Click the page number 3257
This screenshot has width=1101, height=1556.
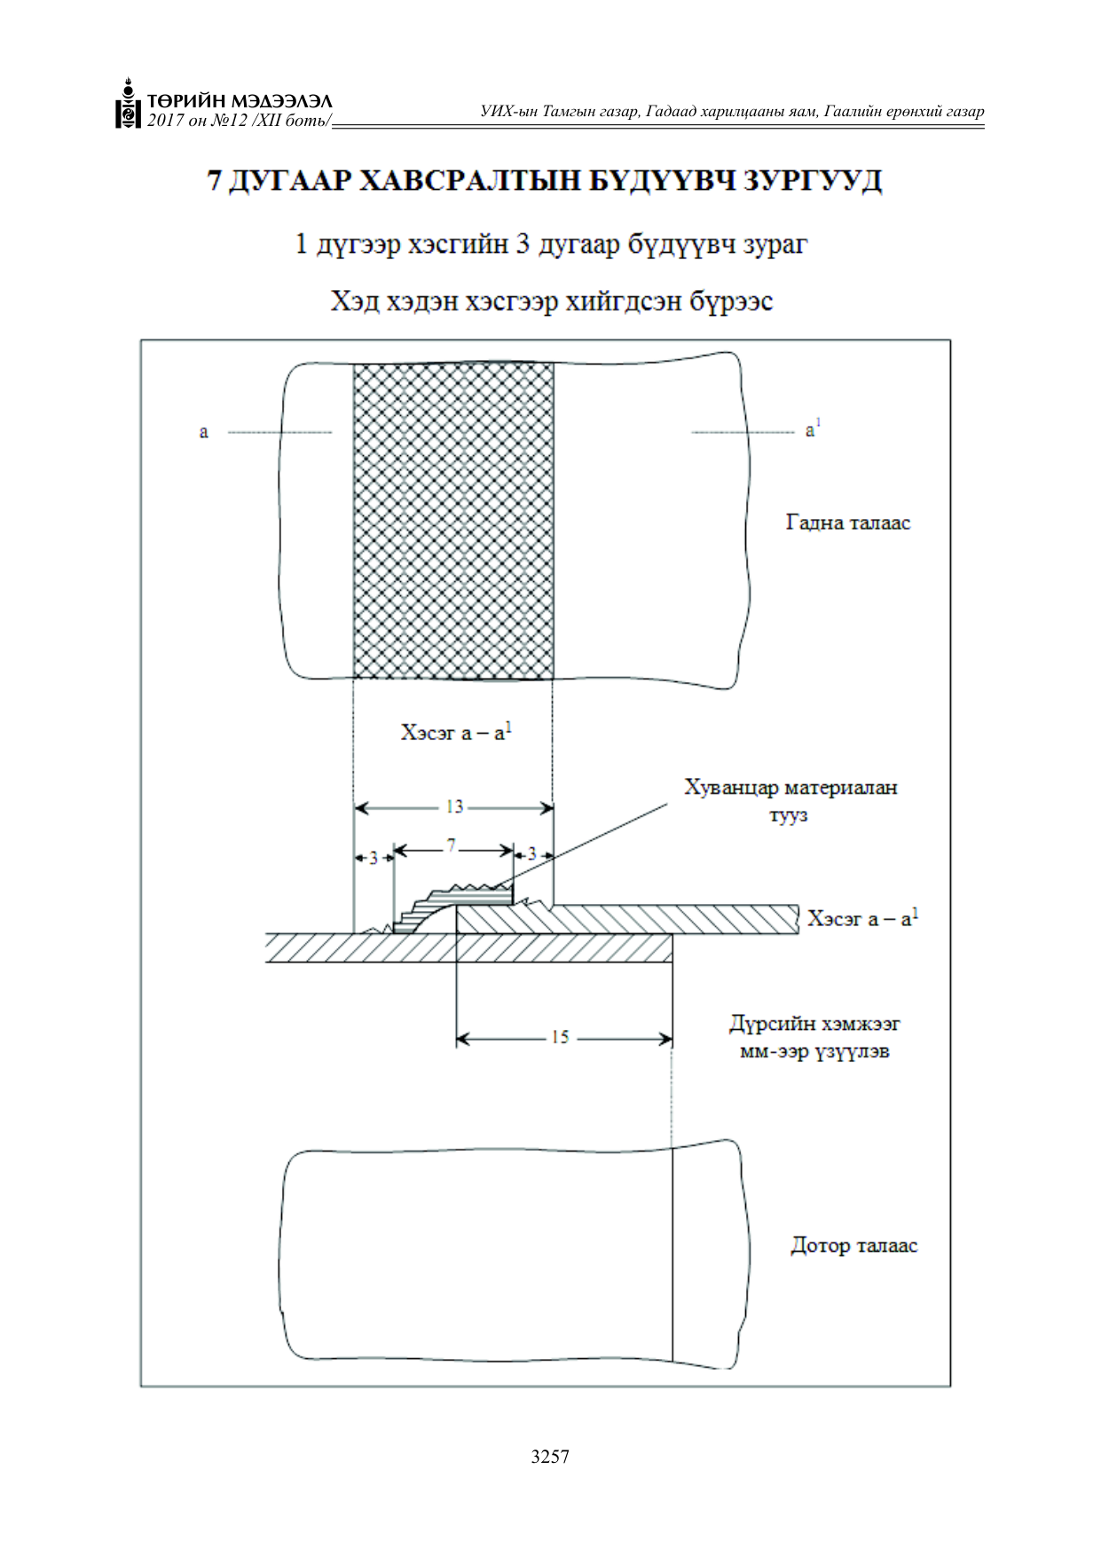550,1456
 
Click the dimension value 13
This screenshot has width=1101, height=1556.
454,806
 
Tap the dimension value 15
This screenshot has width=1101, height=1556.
560,1037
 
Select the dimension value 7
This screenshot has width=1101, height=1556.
452,845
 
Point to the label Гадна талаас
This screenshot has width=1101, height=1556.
848,523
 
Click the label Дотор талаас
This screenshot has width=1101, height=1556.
853,1246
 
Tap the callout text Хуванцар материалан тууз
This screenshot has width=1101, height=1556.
790,801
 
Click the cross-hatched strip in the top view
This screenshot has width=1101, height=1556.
453,521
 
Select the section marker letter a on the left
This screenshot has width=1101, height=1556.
204,432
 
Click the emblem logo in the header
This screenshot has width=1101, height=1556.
129,104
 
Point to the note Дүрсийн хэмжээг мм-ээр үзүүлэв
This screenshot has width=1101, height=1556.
814,1038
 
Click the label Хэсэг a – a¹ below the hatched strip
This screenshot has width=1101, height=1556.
456,732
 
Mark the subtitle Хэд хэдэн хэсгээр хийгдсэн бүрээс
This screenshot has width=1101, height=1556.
551,302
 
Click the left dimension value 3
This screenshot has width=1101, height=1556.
374,858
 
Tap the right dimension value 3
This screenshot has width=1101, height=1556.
531,853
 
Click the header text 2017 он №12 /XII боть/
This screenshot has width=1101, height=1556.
240,120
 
